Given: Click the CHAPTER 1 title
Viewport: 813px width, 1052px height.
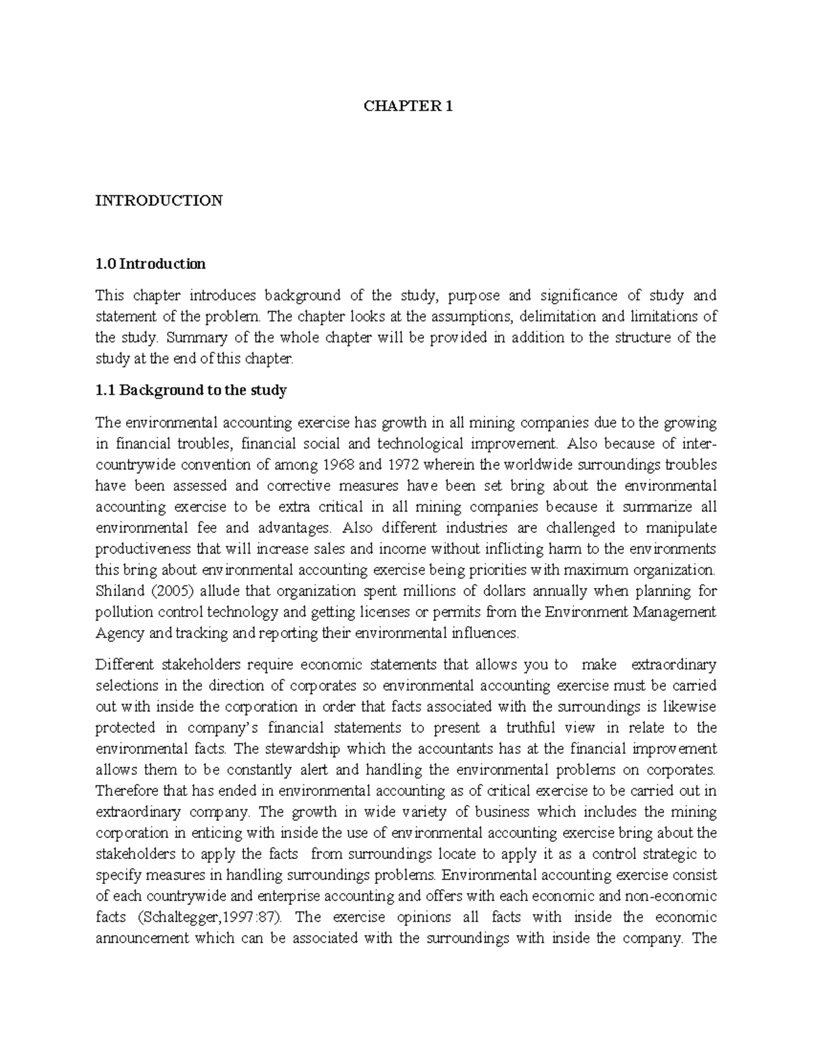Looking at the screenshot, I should coord(407,106).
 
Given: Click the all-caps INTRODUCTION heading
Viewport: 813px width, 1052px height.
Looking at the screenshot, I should coord(159,201).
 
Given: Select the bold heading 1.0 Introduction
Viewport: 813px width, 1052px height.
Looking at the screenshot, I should coord(150,264).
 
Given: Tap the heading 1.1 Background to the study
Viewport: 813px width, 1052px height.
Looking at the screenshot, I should coord(191,390).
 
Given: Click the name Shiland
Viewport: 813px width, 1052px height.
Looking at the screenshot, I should coord(118,591).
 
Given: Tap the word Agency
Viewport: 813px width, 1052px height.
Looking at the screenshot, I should coord(119,633).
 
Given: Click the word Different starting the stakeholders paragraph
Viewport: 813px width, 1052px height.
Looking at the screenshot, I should coord(123,665).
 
